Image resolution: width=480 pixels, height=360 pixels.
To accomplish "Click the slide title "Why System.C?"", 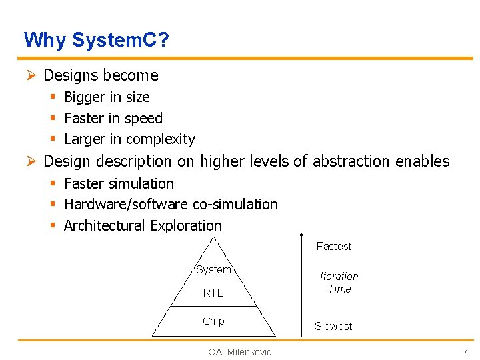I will point(96,41).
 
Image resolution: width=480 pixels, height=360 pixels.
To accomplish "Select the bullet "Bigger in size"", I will point(107,97).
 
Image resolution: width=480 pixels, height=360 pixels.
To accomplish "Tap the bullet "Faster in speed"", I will point(113,119).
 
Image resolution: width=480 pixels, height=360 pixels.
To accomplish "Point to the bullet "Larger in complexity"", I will point(129,139).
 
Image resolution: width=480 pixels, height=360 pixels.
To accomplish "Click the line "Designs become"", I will point(101,75).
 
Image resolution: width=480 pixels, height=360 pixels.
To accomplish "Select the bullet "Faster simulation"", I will point(119,183).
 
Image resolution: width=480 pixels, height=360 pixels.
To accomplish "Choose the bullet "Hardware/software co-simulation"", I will point(171,204).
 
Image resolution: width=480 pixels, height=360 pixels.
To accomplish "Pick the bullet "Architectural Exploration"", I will point(143,225).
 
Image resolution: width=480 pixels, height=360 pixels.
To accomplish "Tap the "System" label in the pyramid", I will point(213,270).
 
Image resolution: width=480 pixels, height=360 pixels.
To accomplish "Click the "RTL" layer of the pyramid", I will point(213,293).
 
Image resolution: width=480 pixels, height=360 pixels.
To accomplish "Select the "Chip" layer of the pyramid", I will point(213,321).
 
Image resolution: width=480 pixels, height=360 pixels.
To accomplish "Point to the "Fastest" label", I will point(333,247).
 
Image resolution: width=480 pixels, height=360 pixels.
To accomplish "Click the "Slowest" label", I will point(333,326).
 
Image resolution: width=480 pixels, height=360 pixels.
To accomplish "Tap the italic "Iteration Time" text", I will point(339,283).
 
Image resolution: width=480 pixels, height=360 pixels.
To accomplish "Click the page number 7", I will point(465,351).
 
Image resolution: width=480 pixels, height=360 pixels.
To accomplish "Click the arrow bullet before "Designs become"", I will point(30,75).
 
